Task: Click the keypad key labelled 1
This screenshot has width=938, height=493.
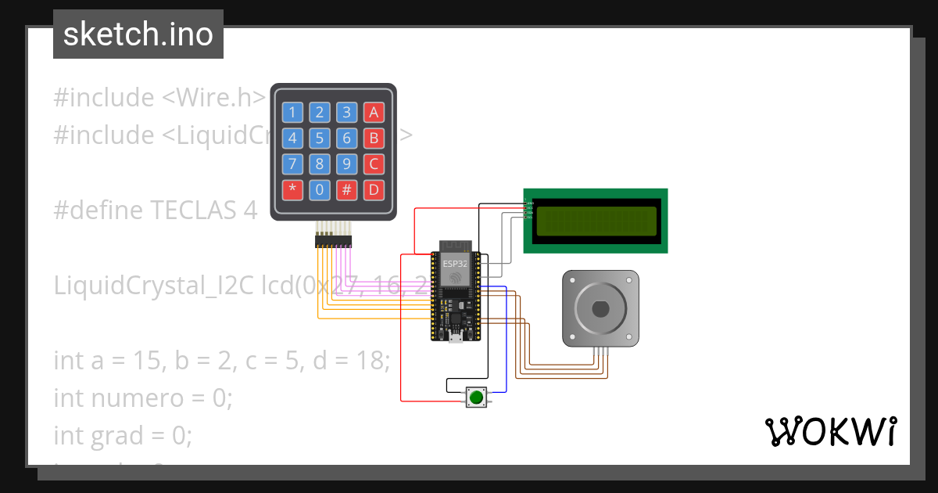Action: (292, 113)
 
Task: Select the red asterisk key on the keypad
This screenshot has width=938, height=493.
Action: (292, 189)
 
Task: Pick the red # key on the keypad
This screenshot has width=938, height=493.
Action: (346, 189)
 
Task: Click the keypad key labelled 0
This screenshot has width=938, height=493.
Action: (319, 189)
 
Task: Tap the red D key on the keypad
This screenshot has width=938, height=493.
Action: (374, 189)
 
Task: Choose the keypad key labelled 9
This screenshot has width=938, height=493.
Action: (346, 164)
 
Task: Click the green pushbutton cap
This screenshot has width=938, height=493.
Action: (475, 397)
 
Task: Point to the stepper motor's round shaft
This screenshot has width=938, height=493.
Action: (600, 308)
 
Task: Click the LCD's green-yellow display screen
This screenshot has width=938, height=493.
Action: (596, 221)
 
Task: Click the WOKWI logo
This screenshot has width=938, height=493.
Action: (830, 432)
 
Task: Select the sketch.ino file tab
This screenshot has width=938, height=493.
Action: (138, 34)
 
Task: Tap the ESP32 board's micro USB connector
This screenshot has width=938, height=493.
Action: (453, 337)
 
